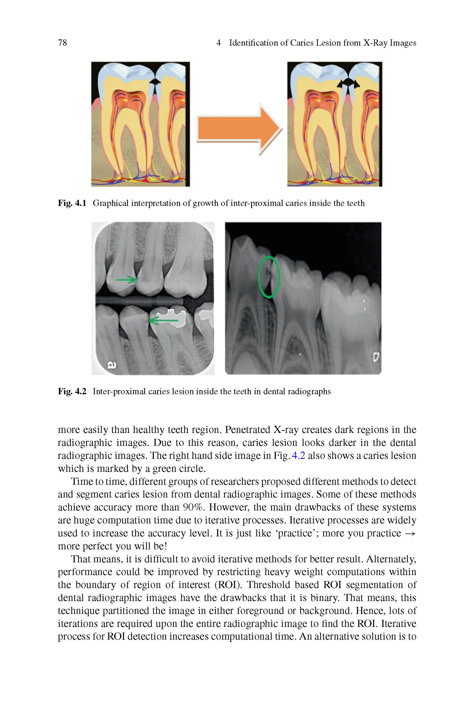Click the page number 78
[62, 43]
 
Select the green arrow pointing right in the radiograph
[126, 279]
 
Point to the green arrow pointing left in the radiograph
[164, 320]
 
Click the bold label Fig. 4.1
[72, 203]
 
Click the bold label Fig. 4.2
[72, 391]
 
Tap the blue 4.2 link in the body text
[298, 456]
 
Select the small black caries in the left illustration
[155, 81]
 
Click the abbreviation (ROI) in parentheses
[228, 585]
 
